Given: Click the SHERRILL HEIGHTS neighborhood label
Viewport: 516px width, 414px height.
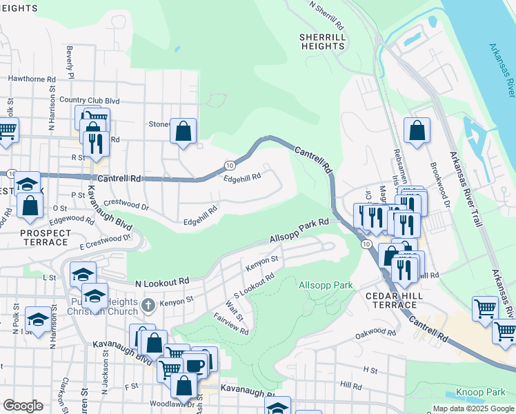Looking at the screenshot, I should [322, 41].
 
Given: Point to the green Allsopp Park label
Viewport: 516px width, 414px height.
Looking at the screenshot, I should [326, 285].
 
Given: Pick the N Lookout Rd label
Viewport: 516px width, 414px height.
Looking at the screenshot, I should [162, 282].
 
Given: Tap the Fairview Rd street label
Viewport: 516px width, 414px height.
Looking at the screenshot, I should [231, 322].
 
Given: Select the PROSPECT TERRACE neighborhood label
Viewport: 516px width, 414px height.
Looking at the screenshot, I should [45, 237].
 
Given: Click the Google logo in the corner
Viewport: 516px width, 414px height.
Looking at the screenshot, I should [23, 406].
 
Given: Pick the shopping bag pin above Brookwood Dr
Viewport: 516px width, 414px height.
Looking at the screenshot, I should [417, 130].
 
